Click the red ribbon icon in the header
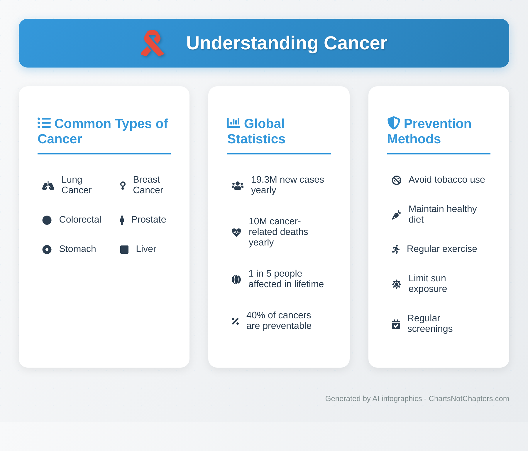click(x=152, y=43)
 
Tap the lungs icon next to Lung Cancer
click(x=48, y=186)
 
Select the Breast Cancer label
click(x=148, y=185)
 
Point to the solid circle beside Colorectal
click(x=47, y=220)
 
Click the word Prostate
click(x=148, y=220)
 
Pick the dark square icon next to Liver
click(x=124, y=249)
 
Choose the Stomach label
click(x=77, y=249)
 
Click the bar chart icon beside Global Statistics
click(x=233, y=123)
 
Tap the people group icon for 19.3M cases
click(x=237, y=186)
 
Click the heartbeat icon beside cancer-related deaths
click(x=236, y=232)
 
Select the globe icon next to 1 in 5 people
click(x=236, y=279)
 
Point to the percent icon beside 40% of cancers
click(x=235, y=321)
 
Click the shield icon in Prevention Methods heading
click(x=394, y=123)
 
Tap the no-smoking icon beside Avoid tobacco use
click(x=397, y=180)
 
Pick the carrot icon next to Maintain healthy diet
click(x=396, y=215)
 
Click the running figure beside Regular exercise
click(x=396, y=249)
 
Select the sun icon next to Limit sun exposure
click(x=397, y=284)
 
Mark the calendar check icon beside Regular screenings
click(x=396, y=324)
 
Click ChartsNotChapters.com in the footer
click(x=469, y=398)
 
